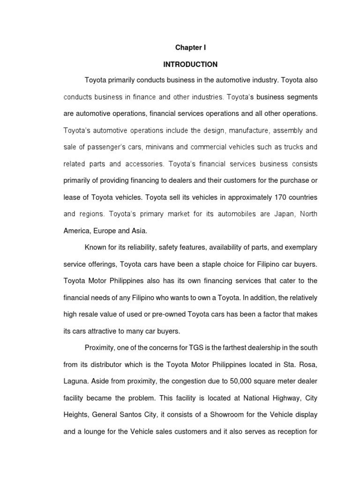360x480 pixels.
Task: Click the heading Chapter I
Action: click(190, 48)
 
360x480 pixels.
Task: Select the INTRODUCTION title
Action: click(190, 64)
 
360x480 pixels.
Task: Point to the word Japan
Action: click(284, 214)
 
